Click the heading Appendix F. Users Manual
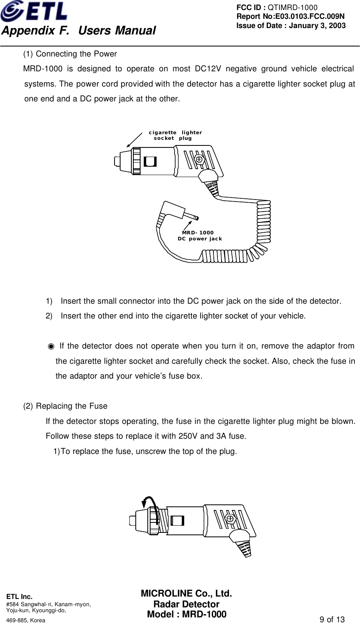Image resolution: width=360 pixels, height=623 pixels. tap(78, 30)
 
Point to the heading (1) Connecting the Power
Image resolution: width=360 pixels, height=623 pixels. tap(70, 54)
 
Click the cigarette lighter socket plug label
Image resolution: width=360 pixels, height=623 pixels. tap(175, 135)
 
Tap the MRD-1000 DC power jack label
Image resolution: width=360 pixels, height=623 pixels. tap(199, 236)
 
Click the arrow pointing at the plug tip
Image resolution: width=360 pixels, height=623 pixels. tap(134, 140)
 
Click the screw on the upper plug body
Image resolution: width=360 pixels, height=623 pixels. tap(199, 159)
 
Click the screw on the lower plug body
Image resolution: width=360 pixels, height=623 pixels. tap(230, 518)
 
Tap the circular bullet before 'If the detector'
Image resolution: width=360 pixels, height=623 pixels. tap(51, 346)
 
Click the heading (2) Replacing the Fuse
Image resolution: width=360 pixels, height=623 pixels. tap(65, 406)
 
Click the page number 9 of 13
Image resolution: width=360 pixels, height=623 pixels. tap(332, 619)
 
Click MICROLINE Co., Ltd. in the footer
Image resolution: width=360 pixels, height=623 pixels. tap(186, 594)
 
